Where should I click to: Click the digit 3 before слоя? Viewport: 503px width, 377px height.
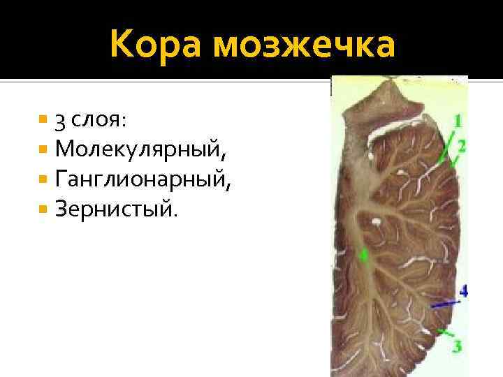coord(61,120)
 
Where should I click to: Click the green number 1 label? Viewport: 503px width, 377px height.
coord(457,121)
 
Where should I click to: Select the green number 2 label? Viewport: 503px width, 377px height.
coord(462,145)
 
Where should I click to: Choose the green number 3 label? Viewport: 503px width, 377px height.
coord(457,345)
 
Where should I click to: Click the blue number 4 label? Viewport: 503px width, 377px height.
coord(462,290)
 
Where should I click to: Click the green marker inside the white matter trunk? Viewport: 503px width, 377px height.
coord(362,256)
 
